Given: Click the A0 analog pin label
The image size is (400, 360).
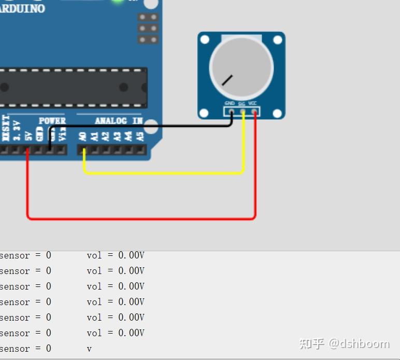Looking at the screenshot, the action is click(82, 136).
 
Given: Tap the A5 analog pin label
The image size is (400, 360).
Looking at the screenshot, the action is click(139, 136).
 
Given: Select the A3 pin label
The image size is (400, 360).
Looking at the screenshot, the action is click(117, 136).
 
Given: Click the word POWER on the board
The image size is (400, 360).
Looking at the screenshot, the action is click(52, 121).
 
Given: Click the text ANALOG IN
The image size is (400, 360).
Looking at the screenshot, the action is click(119, 121).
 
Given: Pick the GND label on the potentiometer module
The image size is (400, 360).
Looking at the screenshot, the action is click(230, 103).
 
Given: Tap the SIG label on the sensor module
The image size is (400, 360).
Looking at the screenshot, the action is click(241, 104).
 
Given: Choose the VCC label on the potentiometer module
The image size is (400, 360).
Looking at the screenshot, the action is click(253, 103).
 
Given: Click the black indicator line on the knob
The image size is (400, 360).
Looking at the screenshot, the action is click(227, 80).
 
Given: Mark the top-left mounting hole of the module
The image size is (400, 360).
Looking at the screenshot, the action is click(205, 39).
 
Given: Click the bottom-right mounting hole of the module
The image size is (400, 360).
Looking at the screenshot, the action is click(278, 113).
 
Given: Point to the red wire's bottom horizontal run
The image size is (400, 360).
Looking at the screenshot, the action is click(140, 219).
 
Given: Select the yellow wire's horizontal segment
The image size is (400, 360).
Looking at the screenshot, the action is click(163, 172).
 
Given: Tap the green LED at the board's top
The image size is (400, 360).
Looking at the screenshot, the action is click(118, 2).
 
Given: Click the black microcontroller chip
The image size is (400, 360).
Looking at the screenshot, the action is click(73, 87).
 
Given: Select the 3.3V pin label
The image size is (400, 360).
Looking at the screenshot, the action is click(17, 131).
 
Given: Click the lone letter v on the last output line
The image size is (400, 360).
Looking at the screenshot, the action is click(89, 349).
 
